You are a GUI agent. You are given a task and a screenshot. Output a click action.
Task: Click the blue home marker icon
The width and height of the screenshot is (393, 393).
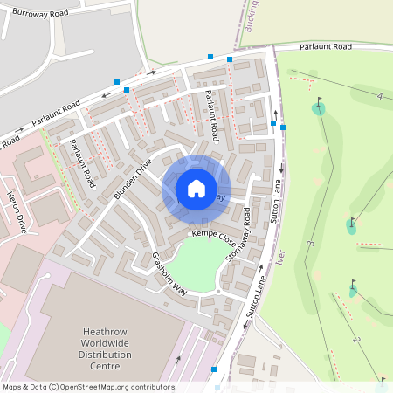pos(196,189)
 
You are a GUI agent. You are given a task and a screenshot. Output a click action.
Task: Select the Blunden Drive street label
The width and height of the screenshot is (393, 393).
pos(132,179)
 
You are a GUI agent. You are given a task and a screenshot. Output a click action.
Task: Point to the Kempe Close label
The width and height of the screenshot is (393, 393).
pos(215,237)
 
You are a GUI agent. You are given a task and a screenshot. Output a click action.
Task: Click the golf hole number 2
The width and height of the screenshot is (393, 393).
pos(356,339)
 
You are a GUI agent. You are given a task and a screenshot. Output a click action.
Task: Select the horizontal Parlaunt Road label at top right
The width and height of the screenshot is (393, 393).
pos(325,46)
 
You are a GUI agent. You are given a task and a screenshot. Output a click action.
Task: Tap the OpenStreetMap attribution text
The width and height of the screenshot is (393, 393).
pos(87,387)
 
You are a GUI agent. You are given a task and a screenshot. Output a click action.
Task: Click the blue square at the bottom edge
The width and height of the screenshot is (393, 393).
pos(215,369)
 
